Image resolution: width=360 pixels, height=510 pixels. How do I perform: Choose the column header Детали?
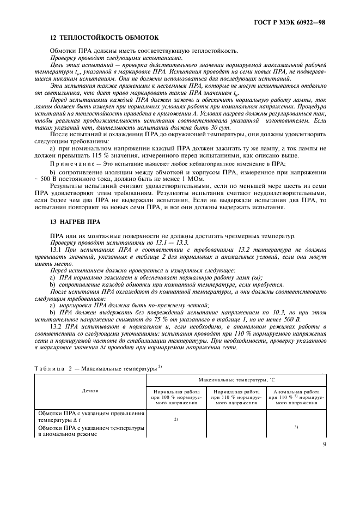[x=90, y=391]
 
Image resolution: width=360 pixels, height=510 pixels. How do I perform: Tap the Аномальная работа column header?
[x=296, y=397]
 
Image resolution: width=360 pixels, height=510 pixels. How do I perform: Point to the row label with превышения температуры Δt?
[x=90, y=417]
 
